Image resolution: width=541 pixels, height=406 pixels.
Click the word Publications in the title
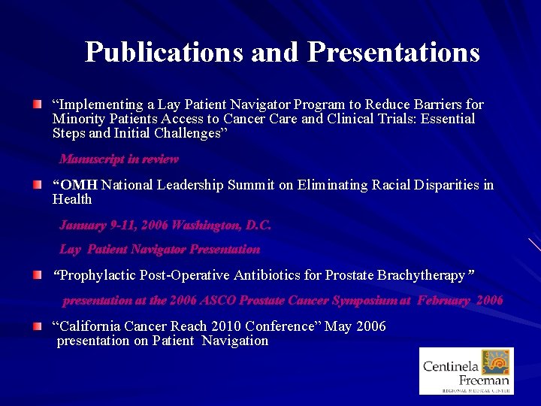click(164, 52)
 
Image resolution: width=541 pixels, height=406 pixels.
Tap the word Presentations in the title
click(394, 52)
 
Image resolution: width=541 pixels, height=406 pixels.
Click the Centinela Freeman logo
click(467, 371)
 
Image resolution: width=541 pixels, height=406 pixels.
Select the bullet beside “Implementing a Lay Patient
click(37, 103)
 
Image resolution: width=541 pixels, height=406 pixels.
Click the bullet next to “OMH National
click(37, 183)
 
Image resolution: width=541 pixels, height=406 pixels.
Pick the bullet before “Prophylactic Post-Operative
click(37, 276)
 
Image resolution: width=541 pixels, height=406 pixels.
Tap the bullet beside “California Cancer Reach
click(37, 326)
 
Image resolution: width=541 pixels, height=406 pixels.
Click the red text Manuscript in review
click(119, 159)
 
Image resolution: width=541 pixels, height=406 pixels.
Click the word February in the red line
click(444, 301)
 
